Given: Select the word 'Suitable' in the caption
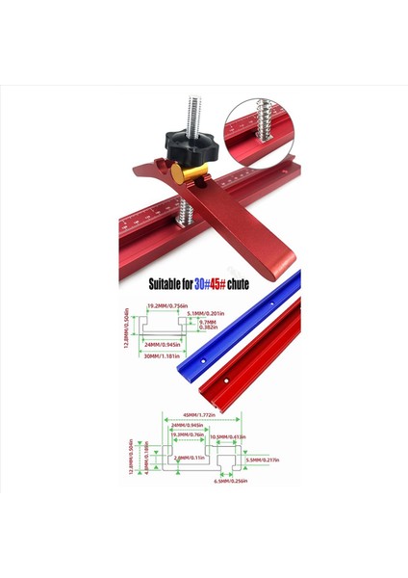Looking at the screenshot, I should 166,285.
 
